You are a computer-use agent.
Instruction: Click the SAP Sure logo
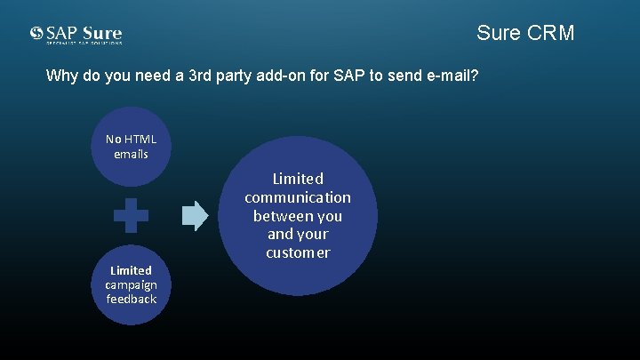click(76, 35)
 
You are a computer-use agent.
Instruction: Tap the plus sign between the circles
click(131, 215)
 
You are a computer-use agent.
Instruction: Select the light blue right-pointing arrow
click(196, 214)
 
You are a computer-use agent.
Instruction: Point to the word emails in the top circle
click(131, 154)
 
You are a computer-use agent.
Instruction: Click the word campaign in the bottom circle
click(131, 284)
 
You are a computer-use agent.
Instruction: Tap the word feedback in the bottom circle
click(131, 300)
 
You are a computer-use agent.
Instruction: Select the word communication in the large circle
click(298, 197)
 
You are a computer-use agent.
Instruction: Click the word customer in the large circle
click(298, 252)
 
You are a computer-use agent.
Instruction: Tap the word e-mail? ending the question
click(451, 76)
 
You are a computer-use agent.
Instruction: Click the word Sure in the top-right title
click(498, 33)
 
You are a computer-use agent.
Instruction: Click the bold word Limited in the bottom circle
click(131, 269)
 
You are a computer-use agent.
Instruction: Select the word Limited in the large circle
click(298, 179)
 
